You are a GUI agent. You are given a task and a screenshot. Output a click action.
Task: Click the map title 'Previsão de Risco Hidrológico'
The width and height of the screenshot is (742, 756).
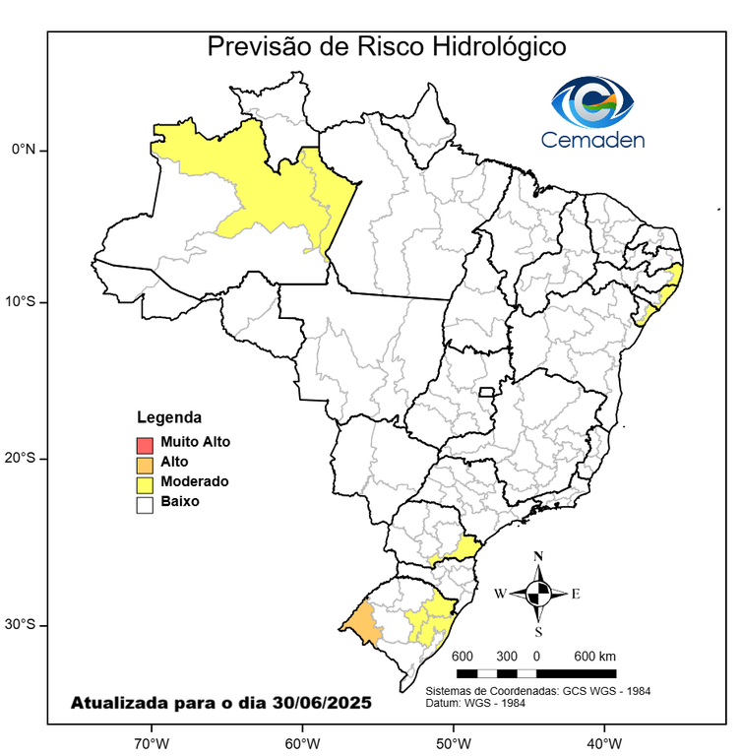click(386, 46)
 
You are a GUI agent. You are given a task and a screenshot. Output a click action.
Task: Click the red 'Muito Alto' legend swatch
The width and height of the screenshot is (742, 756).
click(145, 443)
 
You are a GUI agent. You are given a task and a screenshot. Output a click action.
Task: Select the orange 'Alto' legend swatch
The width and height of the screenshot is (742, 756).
click(145, 463)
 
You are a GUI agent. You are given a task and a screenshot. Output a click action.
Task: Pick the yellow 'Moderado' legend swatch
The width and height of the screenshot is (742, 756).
click(145, 482)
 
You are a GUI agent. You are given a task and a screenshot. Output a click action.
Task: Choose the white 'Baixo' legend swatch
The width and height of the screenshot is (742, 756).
click(145, 503)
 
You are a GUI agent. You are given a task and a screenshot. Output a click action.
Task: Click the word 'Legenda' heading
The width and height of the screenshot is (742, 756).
click(168, 416)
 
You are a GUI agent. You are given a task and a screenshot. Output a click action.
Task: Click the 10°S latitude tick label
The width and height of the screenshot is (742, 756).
click(23, 301)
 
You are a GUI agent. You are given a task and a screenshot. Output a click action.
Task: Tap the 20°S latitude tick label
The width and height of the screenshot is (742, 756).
click(23, 459)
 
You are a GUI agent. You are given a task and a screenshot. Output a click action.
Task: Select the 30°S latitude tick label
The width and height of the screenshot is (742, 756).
click(23, 625)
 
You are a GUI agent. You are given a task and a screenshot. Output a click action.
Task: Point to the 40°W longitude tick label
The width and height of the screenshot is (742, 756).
click(602, 740)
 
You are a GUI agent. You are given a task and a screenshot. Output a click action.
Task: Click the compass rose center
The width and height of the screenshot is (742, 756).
click(538, 593)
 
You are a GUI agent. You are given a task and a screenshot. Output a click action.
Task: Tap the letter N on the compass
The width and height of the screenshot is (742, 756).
click(538, 557)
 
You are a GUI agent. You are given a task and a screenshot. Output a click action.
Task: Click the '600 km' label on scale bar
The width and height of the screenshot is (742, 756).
click(594, 657)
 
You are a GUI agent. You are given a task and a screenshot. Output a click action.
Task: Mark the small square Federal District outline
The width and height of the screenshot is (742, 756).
click(486, 392)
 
